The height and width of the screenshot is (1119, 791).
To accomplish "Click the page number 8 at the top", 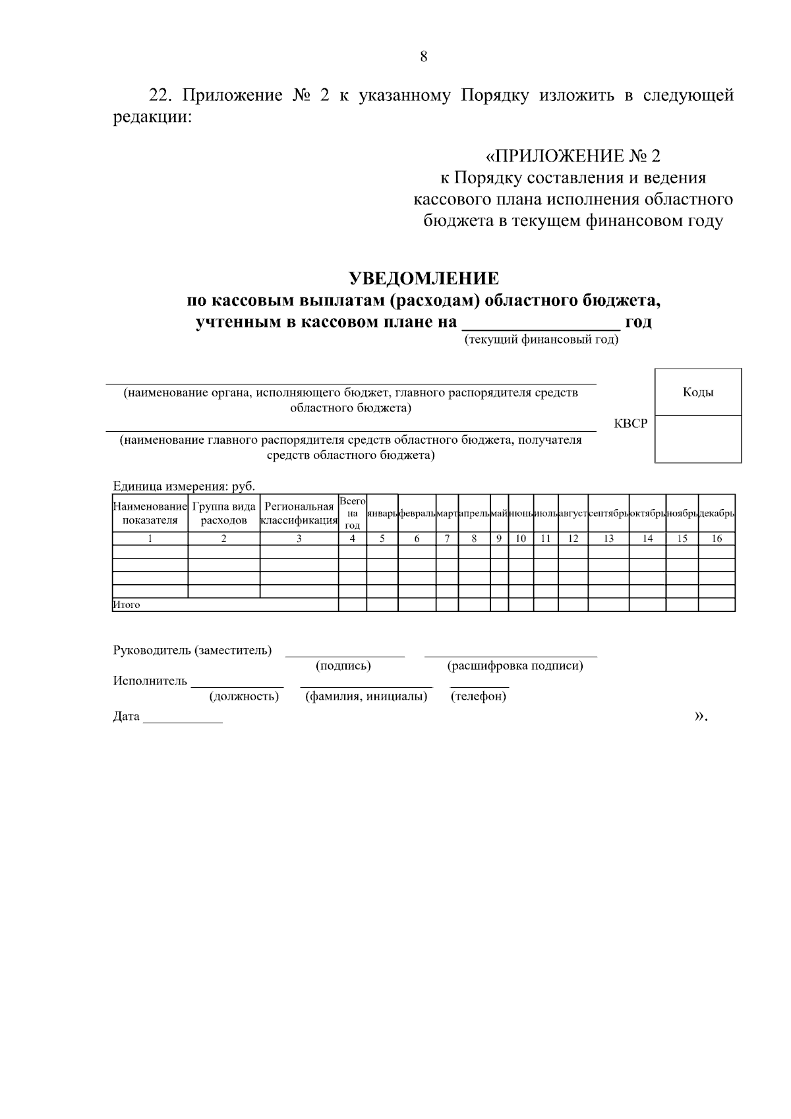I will click(423, 57).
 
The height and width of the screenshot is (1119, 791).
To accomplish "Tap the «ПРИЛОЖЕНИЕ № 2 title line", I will click(572, 156).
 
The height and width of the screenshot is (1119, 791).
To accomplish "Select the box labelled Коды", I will click(698, 392).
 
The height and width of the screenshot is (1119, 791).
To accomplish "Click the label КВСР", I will click(630, 424).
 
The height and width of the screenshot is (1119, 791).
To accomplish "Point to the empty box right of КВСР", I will click(698, 439).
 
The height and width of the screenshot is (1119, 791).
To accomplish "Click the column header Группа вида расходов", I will click(224, 514).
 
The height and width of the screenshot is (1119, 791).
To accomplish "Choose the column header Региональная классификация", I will click(299, 514).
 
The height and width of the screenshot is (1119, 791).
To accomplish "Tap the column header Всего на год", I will click(353, 514).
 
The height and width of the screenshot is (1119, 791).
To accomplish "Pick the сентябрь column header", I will click(608, 514).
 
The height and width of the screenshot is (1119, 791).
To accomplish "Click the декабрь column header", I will click(717, 514).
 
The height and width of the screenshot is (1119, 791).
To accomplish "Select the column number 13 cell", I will click(608, 539).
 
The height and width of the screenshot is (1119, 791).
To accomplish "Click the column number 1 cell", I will click(150, 539).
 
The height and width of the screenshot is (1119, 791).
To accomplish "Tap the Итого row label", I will click(127, 605).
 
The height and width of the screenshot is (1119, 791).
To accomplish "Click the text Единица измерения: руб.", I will click(184, 486).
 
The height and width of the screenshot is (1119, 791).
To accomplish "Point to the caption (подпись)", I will click(343, 666).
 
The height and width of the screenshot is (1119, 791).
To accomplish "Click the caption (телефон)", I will click(479, 696).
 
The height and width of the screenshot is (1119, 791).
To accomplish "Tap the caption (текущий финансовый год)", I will click(541, 340).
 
